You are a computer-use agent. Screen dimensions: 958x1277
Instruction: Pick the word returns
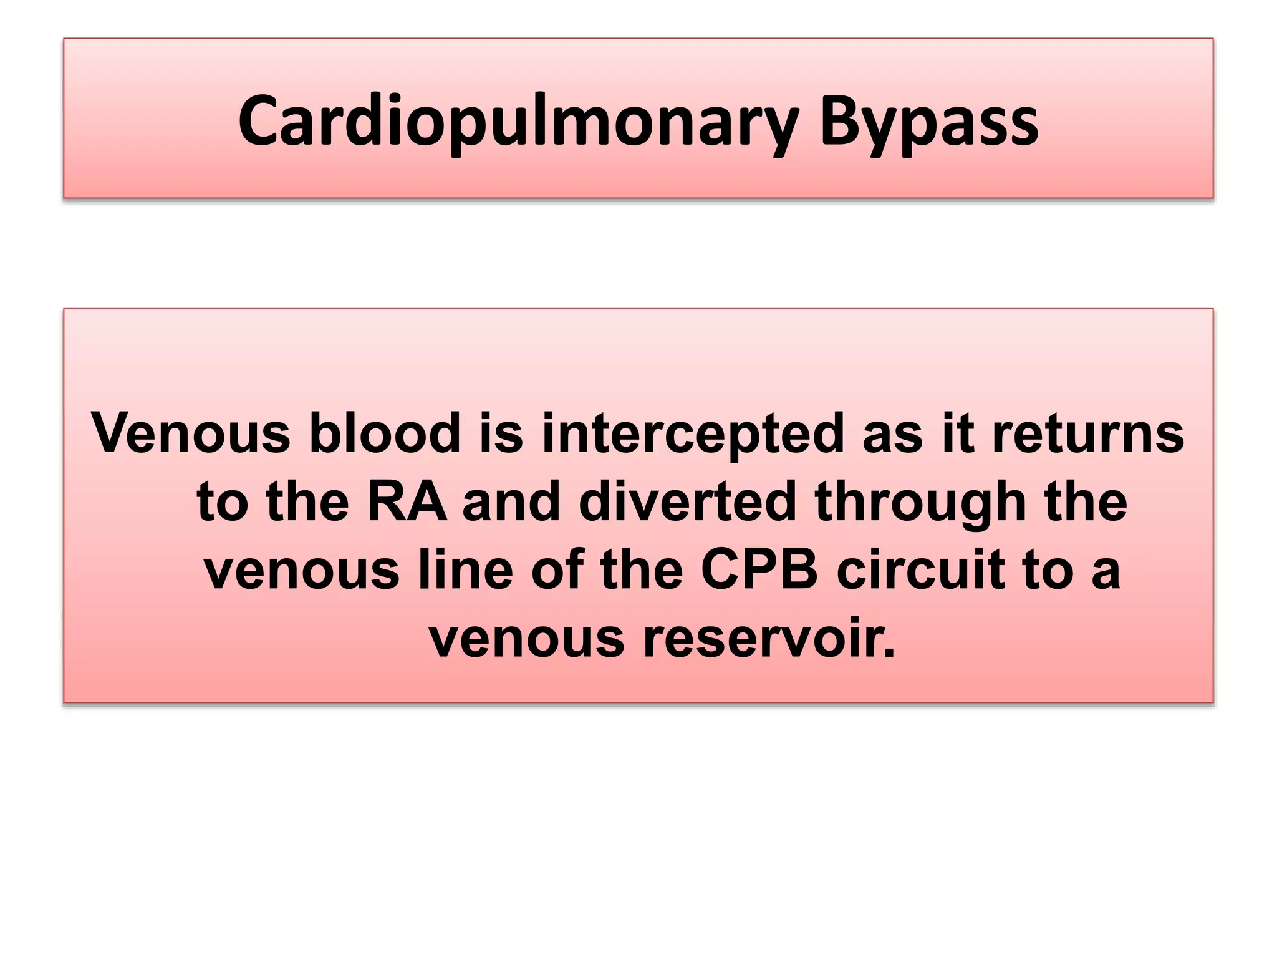pyautogui.click(x=1087, y=433)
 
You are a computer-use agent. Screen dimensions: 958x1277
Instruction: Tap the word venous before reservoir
pyautogui.click(x=527, y=639)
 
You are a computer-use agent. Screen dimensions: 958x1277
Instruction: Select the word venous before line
pyautogui.click(x=302, y=571)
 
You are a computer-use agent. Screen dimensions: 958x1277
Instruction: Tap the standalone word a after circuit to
pyautogui.click(x=1106, y=571)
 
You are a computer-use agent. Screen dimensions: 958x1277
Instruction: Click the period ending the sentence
pyautogui.click(x=889, y=652)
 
